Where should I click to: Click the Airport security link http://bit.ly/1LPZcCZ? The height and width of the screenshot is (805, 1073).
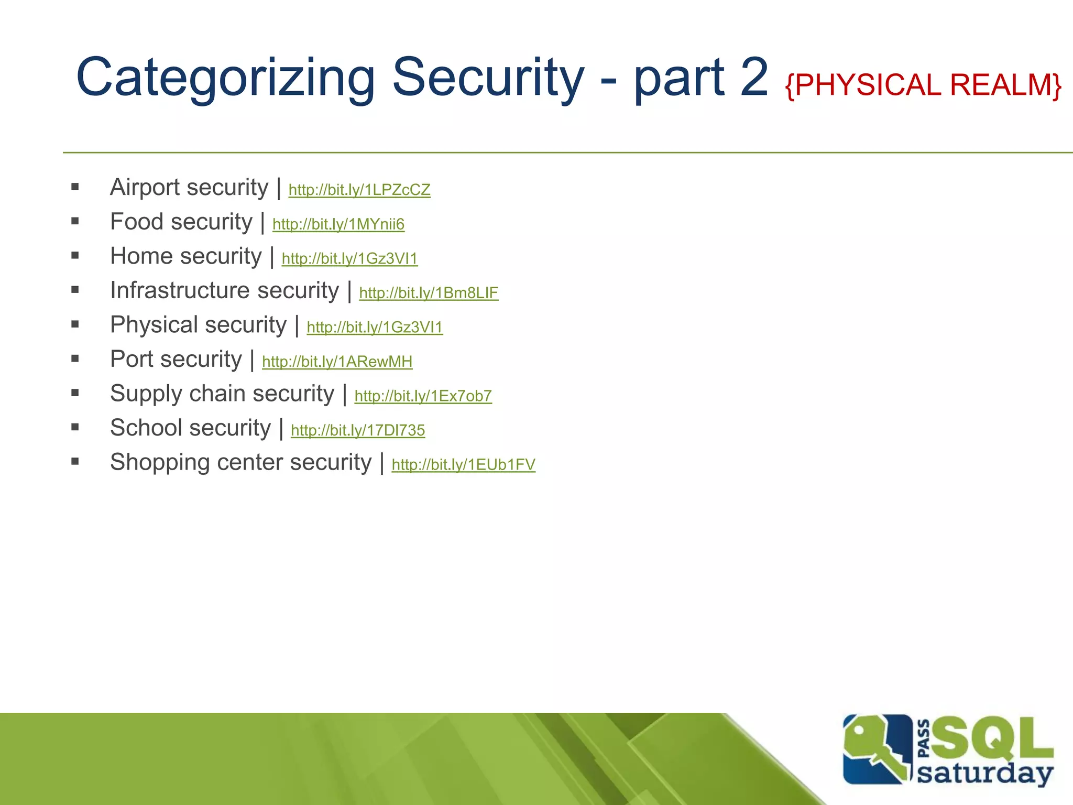pos(359,190)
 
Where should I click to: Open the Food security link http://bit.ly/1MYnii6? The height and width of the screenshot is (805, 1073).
pos(338,224)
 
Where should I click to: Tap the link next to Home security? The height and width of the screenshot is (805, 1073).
pos(349,258)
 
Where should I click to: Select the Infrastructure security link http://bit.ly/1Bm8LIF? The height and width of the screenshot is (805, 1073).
pos(428,293)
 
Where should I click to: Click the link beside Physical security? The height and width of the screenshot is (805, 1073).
pos(375,327)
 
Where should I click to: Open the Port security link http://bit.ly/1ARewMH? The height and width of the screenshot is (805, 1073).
pos(337,362)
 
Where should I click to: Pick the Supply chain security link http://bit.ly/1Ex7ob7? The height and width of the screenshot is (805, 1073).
pos(423,396)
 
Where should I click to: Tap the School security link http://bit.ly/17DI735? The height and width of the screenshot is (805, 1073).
pos(357,430)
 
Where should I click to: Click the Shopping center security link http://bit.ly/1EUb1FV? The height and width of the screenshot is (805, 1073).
pos(463,465)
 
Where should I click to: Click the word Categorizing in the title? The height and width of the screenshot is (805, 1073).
pos(225,79)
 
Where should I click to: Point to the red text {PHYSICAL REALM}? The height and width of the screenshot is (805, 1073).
pos(923,85)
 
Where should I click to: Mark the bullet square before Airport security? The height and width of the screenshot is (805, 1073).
pos(75,187)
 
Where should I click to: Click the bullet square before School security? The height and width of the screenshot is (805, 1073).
pos(75,427)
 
